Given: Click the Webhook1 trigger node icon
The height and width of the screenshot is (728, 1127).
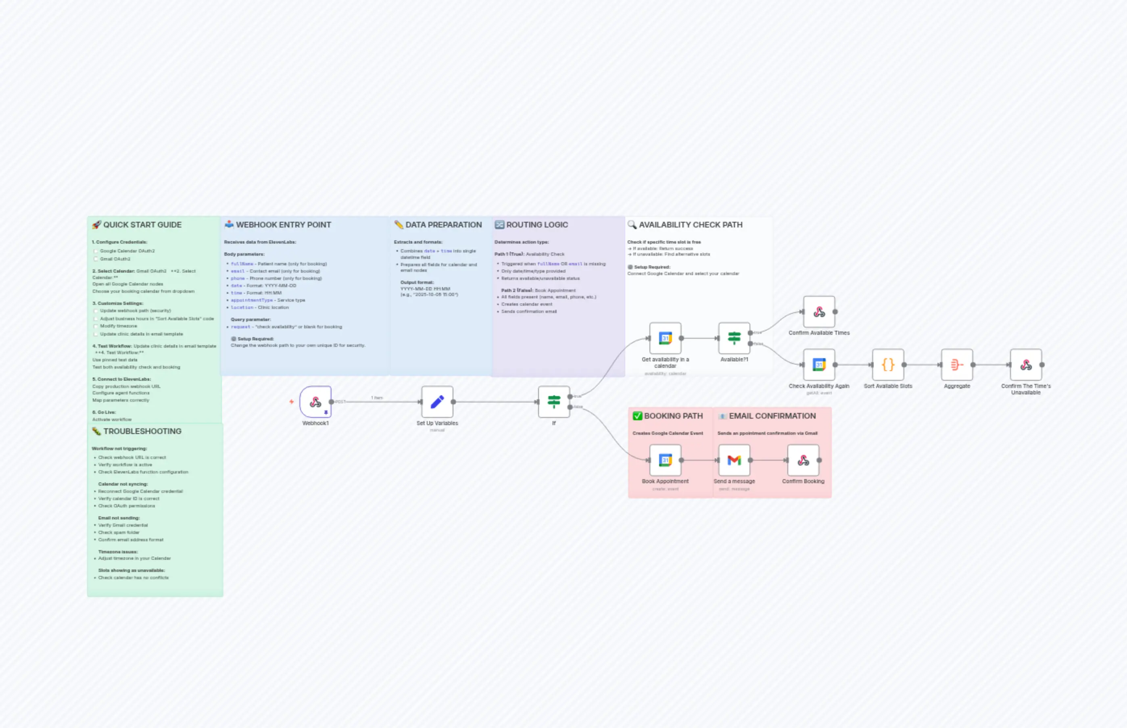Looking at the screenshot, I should coord(315,402).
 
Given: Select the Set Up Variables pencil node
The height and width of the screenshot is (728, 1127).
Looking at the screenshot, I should coord(437,402).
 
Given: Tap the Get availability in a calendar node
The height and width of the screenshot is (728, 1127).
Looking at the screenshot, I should coord(665,338).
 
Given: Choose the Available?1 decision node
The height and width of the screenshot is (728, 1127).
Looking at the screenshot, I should coord(734,338).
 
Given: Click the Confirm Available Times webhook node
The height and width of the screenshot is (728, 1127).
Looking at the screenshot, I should coord(819,311).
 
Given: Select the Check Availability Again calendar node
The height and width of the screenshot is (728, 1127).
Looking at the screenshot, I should coord(819,365).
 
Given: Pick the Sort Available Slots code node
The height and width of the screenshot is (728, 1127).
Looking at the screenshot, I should coord(888,365).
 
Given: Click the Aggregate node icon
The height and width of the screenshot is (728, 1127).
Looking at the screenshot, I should coord(957,365).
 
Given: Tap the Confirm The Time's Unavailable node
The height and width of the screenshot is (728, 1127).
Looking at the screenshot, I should coord(1026,365).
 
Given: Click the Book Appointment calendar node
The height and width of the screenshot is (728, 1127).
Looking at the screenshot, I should coord(665,460).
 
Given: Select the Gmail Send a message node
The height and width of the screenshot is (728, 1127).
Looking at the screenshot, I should coord(734,460).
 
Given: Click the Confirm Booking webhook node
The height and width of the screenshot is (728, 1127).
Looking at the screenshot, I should coord(803,460).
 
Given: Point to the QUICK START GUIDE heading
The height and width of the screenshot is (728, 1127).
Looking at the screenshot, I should coord(142,225).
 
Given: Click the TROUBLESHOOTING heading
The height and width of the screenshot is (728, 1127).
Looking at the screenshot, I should coord(142,431).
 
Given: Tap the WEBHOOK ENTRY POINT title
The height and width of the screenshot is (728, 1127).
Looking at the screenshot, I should coord(283,225).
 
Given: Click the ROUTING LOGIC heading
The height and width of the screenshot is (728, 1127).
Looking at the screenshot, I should coord(536,225).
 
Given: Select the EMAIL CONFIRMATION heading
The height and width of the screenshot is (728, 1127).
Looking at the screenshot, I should coord(772,416).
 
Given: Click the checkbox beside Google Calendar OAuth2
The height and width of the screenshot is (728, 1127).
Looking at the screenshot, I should coord(96,251).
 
